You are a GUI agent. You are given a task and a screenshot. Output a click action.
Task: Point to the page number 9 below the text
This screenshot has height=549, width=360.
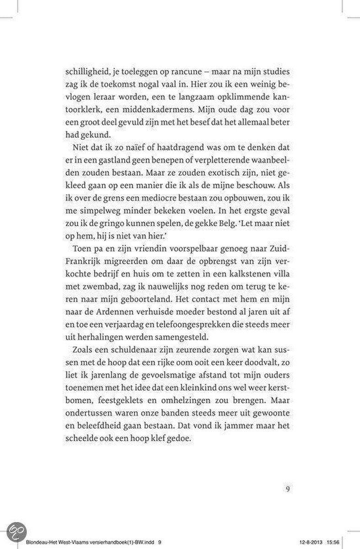[x=288, y=488]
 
